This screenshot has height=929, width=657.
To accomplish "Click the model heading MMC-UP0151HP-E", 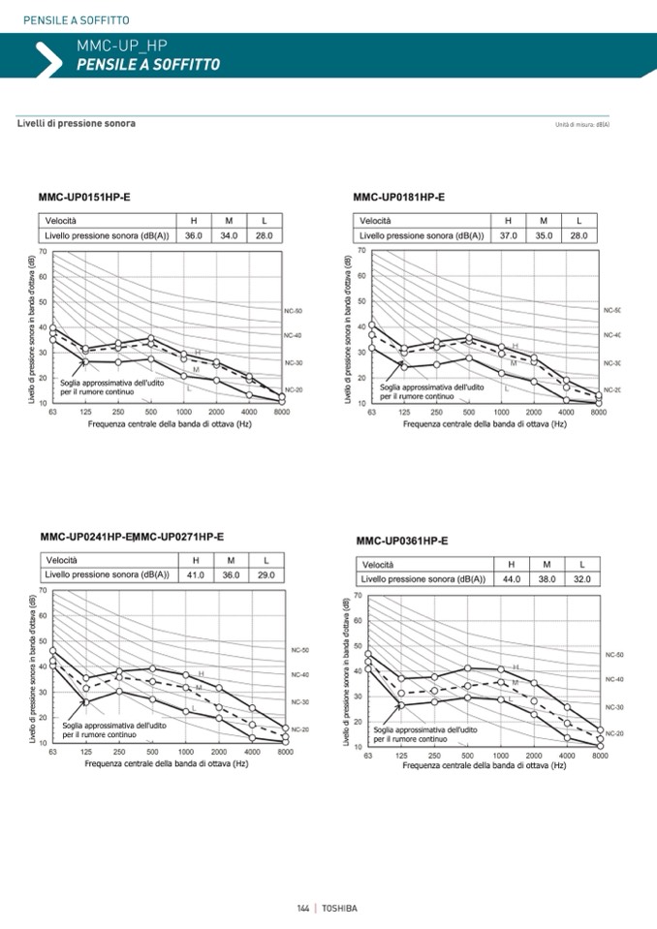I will click(84, 198).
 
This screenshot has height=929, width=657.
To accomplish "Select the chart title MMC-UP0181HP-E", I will click(399, 198).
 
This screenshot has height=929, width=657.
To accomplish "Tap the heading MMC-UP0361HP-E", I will click(402, 541).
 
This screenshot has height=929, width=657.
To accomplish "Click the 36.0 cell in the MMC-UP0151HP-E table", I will click(194, 235).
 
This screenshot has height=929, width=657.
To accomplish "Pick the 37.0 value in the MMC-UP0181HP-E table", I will click(509, 235).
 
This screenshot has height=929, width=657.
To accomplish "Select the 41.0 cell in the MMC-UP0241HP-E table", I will click(196, 574).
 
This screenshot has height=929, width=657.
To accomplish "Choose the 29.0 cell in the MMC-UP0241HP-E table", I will click(266, 574).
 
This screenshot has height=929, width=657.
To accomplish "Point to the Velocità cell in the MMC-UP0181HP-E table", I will click(376, 221).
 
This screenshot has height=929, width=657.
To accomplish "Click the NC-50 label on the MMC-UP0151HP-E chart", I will click(294, 311).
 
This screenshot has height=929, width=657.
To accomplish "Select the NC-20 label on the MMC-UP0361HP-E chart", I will click(614, 733).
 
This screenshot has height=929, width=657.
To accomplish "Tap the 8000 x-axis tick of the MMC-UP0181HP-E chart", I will click(599, 413).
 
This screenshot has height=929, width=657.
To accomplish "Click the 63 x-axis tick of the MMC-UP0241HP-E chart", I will click(52, 752).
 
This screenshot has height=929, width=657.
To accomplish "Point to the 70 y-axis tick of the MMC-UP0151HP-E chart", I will click(43, 251).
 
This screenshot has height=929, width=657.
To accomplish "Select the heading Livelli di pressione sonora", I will click(77, 124).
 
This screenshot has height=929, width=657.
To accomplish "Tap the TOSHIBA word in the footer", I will click(339, 908).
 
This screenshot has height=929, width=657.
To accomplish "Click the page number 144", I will click(302, 908).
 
